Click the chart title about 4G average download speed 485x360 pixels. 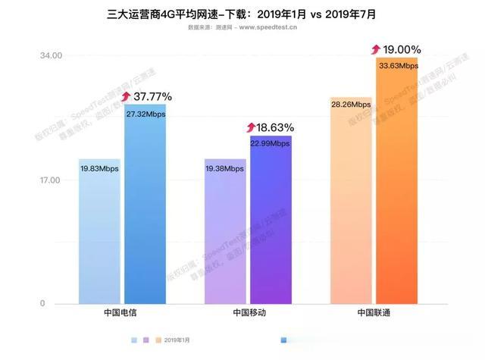[x=242, y=13]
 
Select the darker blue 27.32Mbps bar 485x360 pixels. [x=145, y=204]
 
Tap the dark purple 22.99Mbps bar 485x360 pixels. [x=271, y=220]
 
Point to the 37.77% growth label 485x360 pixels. [x=152, y=97]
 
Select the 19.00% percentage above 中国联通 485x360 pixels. [x=402, y=50]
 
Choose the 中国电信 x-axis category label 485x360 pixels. [x=124, y=313]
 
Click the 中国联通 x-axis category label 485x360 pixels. [x=374, y=313]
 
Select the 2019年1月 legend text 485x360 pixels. [x=177, y=340]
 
